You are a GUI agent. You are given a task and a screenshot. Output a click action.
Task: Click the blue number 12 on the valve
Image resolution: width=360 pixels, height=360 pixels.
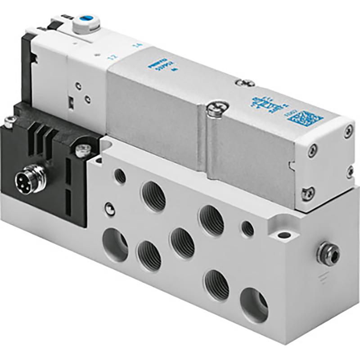(x=111, y=58)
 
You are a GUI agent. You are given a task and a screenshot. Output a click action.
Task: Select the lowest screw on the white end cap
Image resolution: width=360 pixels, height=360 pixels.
(x=308, y=193)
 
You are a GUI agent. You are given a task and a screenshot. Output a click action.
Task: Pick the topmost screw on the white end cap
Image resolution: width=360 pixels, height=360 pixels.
(x=347, y=132)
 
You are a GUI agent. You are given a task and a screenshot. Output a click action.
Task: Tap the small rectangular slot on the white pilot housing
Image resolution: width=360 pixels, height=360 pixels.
(x=71, y=103)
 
